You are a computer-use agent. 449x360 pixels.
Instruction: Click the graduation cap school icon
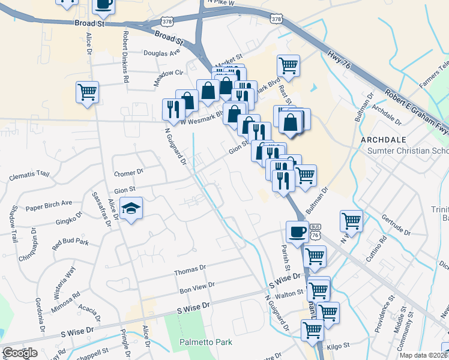coord(131,209)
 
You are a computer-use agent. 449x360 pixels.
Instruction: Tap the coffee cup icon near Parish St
coord(297,232)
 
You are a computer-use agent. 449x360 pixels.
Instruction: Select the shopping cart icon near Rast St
coord(288,66)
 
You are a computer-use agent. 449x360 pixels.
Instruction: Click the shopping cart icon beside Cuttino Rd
coord(351,220)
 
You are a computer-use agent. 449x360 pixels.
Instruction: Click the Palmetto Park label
coord(205,343)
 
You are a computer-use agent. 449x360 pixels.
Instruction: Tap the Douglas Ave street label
coord(162,53)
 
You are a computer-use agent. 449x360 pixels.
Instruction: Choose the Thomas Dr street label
coord(190,271)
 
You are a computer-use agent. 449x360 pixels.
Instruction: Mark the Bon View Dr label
coord(197,287)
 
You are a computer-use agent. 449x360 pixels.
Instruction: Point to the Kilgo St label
coord(339,346)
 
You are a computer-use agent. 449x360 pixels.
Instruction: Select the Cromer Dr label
coord(128,173)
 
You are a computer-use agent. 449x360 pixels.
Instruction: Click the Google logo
coord(20,353)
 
